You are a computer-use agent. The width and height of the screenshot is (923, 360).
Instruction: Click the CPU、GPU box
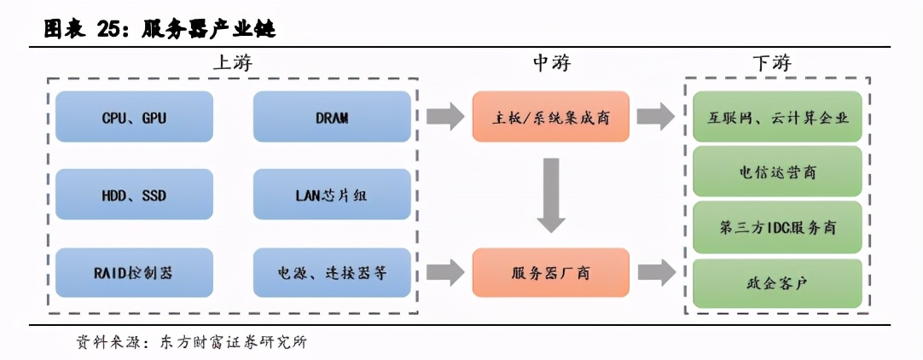click(x=133, y=117)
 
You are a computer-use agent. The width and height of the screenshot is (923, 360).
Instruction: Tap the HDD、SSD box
click(x=133, y=195)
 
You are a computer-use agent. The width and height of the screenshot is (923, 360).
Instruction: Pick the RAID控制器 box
click(x=133, y=273)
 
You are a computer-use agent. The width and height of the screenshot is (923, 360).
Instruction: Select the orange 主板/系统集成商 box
click(x=550, y=117)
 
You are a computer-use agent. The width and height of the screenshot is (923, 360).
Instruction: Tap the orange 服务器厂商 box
click(x=550, y=273)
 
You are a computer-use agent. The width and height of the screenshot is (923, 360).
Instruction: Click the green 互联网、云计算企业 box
click(x=777, y=117)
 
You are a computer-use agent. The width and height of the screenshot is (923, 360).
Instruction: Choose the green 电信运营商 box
click(x=777, y=171)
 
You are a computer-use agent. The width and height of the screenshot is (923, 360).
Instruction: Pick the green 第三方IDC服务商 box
click(x=777, y=228)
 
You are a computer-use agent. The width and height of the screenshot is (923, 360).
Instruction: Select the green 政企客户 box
click(x=777, y=282)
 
